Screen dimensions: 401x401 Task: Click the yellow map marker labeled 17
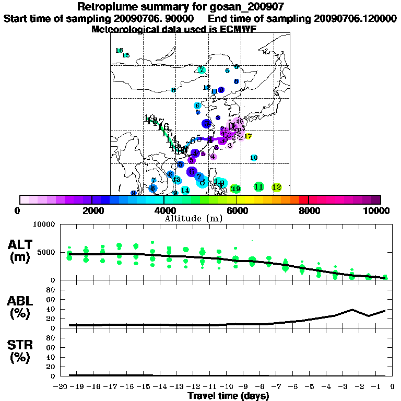(248, 136)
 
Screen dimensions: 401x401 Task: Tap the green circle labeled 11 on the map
(258, 186)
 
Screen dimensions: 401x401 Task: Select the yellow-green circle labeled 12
(277, 187)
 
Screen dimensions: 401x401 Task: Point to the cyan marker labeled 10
(254, 158)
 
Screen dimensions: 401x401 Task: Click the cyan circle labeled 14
(185, 190)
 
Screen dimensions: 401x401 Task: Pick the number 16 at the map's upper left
(119, 51)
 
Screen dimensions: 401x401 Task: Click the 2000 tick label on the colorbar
(91, 210)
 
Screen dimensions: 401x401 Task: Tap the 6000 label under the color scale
(236, 210)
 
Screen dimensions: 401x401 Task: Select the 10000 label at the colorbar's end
(380, 210)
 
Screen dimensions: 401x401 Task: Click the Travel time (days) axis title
(228, 396)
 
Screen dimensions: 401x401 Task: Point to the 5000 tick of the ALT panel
(47, 252)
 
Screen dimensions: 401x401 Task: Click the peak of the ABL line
(352, 309)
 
